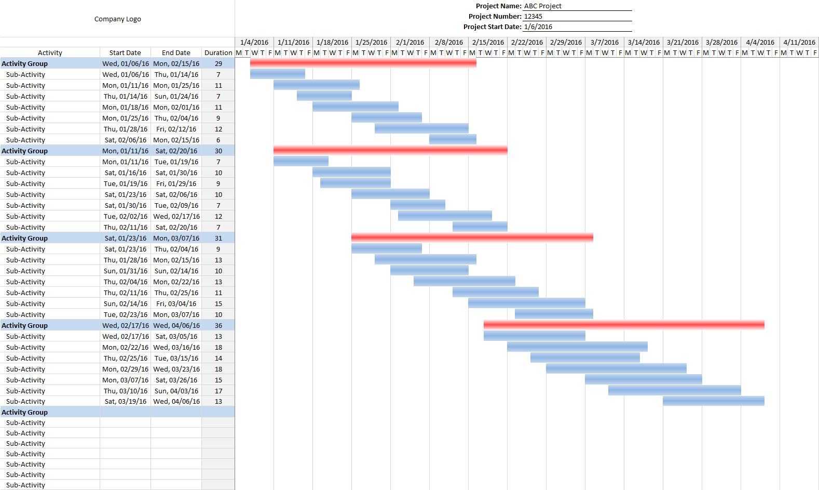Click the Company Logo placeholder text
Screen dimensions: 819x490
(x=117, y=19)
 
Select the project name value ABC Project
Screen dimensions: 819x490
(x=542, y=6)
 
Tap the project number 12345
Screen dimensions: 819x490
(x=533, y=17)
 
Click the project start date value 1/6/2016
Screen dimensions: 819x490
(x=538, y=27)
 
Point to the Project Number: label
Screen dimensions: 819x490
(x=495, y=17)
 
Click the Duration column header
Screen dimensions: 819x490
(x=219, y=52)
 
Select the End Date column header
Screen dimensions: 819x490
(x=176, y=52)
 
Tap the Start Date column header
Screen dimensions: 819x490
(x=125, y=52)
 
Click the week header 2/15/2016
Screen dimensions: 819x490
(x=488, y=43)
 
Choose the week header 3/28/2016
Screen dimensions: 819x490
(x=721, y=43)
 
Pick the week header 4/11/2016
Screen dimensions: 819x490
(x=799, y=43)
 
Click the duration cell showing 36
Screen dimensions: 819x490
(x=219, y=325)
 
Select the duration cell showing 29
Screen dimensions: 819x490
(x=219, y=64)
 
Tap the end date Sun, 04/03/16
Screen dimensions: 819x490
(x=176, y=391)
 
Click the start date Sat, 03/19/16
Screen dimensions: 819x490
(x=126, y=402)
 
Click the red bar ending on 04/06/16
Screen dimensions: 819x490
(x=624, y=325)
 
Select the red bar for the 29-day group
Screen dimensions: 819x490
(x=363, y=63)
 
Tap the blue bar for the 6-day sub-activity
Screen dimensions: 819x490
(x=453, y=139)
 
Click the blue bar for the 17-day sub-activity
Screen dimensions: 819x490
(x=675, y=390)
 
